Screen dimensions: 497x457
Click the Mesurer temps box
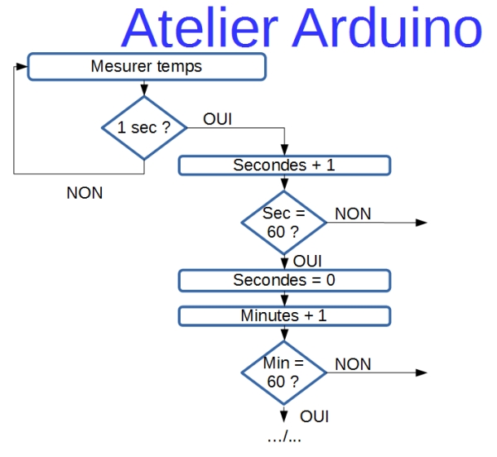147,66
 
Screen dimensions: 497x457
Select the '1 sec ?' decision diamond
144,127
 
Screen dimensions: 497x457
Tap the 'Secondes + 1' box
284,166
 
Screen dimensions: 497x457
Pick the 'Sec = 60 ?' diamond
284,223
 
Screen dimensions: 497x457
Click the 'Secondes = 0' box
284,281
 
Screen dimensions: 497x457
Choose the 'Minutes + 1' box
284,315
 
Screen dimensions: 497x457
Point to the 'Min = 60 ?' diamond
284,373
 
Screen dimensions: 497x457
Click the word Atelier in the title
200,28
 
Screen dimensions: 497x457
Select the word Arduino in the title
388,28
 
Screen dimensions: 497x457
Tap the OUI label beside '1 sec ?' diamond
217,119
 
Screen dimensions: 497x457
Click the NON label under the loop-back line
84,193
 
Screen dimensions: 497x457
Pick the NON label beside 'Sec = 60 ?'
353,214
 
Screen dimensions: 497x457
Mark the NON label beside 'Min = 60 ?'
353,364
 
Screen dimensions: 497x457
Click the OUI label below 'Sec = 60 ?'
307,262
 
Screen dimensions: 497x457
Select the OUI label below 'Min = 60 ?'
314,416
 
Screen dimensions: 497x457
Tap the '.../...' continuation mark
284,437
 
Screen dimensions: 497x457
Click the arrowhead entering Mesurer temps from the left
22,66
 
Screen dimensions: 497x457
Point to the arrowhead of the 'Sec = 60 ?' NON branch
422,223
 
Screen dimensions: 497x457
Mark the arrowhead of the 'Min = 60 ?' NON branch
422,373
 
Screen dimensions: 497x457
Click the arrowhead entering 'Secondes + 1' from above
284,150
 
